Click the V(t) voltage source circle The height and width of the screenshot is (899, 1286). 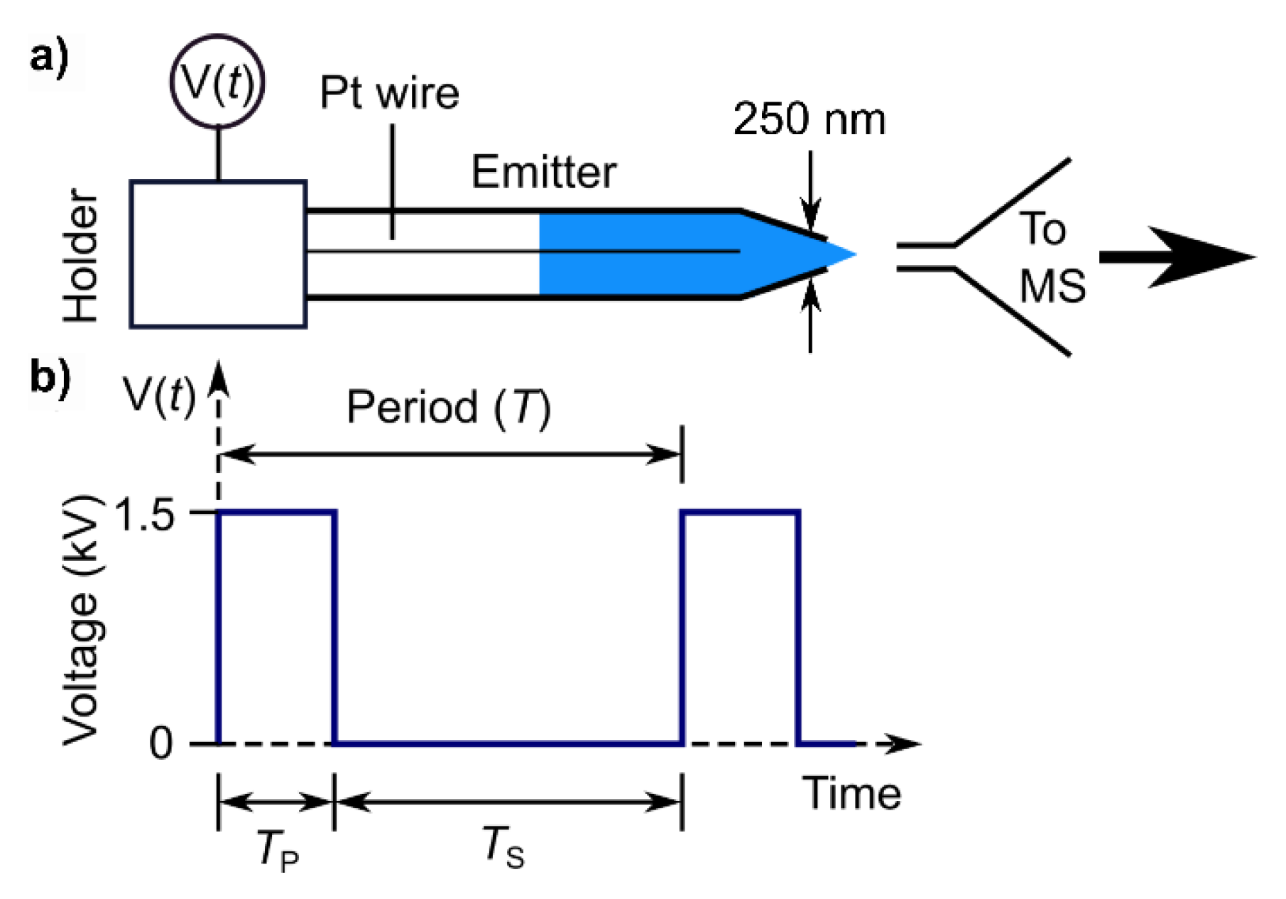tap(217, 82)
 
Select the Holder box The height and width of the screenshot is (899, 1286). tap(217, 254)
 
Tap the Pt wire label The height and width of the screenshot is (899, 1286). tap(389, 93)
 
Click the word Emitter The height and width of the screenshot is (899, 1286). tap(544, 173)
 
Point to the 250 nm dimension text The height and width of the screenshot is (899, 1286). tap(810, 119)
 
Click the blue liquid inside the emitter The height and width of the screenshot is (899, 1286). tap(639, 254)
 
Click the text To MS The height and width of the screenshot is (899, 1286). tap(1051, 257)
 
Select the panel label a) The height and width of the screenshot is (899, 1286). tap(50, 57)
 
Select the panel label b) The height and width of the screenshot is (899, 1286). tap(50, 377)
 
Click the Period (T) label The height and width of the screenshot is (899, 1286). tap(449, 407)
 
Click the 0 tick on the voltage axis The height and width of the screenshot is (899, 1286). tap(160, 743)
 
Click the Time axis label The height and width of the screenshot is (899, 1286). tap(851, 793)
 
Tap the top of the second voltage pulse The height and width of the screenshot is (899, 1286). tap(741, 511)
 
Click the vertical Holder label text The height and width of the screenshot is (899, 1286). tap(80, 256)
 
